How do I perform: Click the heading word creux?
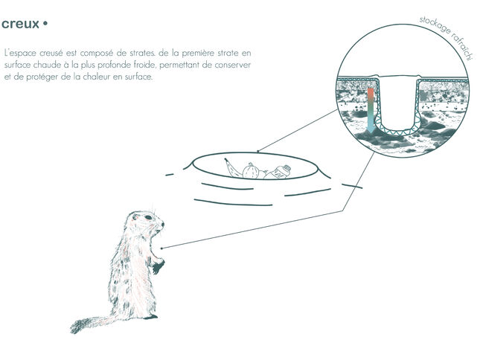point(20,24)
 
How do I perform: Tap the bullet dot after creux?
point(45,23)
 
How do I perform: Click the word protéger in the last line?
point(42,77)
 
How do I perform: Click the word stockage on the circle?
point(435,25)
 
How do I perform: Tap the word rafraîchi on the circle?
point(463,45)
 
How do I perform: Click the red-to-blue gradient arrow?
point(371,111)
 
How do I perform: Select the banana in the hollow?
point(232,167)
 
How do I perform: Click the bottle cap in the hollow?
point(287,168)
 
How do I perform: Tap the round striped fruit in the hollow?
point(251,170)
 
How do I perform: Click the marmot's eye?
point(148,217)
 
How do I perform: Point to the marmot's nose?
point(162,224)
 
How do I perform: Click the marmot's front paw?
point(158,266)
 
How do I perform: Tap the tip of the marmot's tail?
point(73,330)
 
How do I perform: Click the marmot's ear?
point(135,217)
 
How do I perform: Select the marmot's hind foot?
point(151,317)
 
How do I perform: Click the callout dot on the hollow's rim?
point(257,152)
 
